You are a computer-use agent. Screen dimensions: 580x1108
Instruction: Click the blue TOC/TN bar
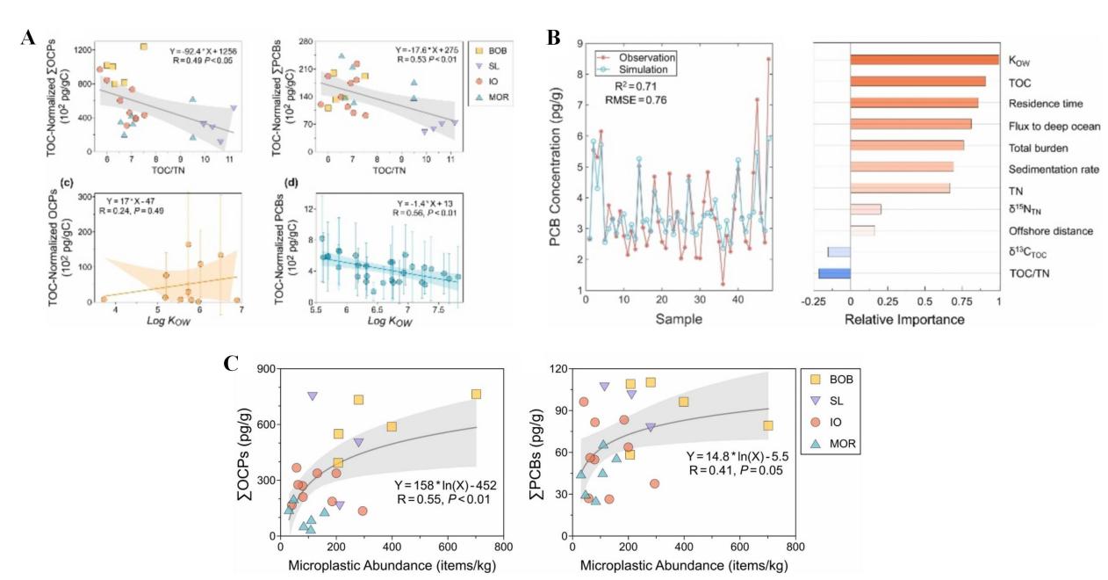pos(834,273)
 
